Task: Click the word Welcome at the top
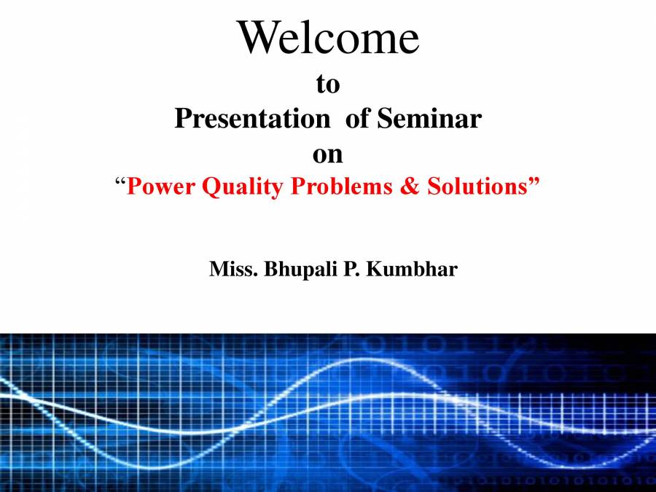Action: pyautogui.click(x=328, y=38)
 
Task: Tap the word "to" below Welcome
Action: pyautogui.click(x=328, y=85)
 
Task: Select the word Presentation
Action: pyautogui.click(x=251, y=119)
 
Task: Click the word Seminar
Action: pyautogui.click(x=440, y=119)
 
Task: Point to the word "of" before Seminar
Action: pyautogui.click(x=359, y=119)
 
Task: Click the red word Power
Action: pyautogui.click(x=162, y=187)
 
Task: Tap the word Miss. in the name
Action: pyautogui.click(x=233, y=270)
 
